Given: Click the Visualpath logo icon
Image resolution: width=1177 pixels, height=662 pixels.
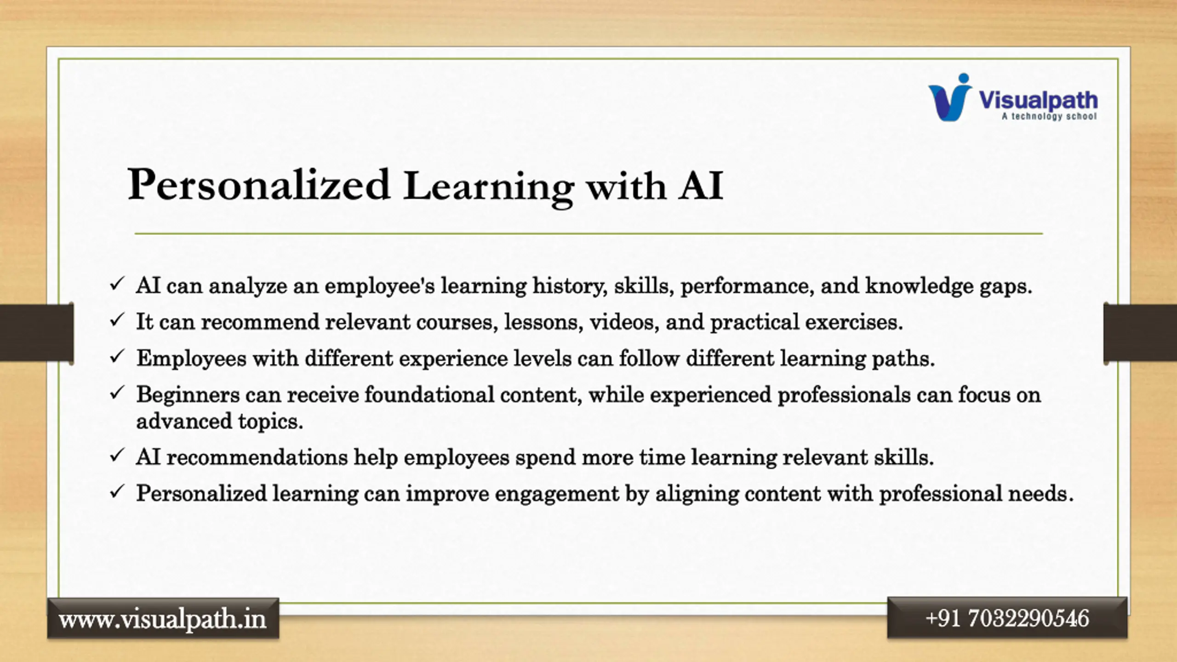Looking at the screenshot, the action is [x=949, y=97].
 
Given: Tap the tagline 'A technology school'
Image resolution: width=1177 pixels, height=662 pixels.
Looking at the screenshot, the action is [x=1050, y=117].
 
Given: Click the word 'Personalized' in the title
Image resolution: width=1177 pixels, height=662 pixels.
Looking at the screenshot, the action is [x=259, y=185].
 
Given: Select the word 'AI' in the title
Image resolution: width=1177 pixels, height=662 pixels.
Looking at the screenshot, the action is [x=701, y=186].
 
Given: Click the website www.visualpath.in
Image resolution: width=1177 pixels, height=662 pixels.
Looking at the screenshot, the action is [x=163, y=619].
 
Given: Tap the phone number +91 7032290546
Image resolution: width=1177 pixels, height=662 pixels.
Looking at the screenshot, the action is [x=1007, y=618].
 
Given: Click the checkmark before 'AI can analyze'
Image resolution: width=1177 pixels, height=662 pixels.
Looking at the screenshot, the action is [x=117, y=284].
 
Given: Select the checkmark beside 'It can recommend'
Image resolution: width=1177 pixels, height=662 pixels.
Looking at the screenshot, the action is [x=117, y=320].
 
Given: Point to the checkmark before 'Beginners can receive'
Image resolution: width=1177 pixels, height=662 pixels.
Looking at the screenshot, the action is [x=117, y=393].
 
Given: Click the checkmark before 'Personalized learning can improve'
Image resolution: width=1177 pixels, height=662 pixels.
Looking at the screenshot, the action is [x=117, y=491].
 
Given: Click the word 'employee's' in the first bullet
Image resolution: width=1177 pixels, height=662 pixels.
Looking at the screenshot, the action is [x=380, y=286].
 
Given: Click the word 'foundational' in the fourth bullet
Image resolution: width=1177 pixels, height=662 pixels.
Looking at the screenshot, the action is [x=429, y=395].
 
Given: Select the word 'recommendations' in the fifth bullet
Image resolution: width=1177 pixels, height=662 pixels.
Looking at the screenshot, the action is [x=257, y=457].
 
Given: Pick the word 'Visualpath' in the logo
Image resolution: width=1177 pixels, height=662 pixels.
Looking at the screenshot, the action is [x=1038, y=100].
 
